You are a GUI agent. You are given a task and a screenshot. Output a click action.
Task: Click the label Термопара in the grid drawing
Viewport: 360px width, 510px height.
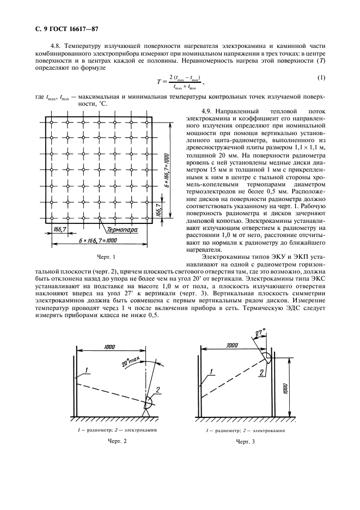[122, 230]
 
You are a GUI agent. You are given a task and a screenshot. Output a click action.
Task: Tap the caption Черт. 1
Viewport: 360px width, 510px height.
[100, 256]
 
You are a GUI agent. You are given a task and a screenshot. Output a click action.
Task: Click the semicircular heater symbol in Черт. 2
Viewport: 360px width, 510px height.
[147, 403]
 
